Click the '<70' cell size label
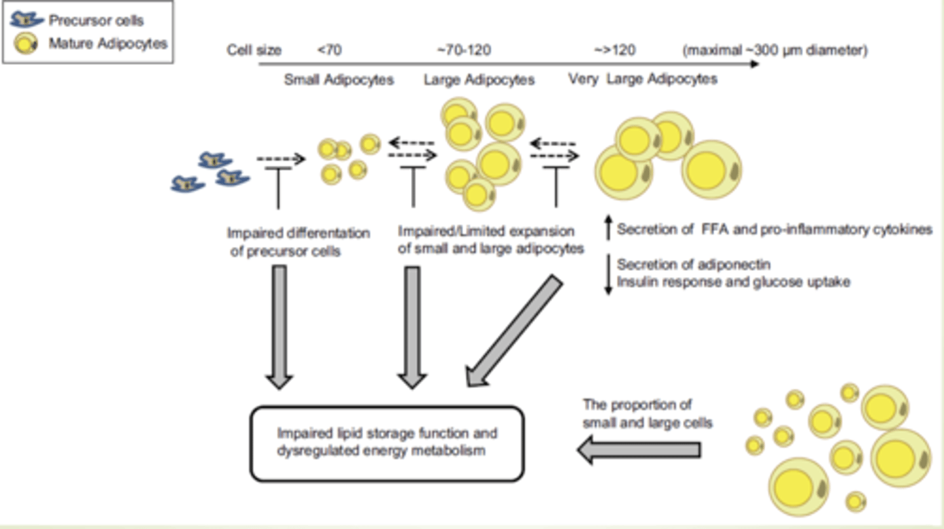click(x=329, y=51)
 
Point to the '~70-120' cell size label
click(x=463, y=51)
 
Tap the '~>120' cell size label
click(x=614, y=51)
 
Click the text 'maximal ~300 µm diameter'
click(x=774, y=51)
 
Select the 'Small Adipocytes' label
click(x=338, y=80)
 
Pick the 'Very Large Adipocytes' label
click(x=642, y=79)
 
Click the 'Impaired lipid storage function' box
click(x=387, y=444)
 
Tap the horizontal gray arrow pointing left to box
click(x=639, y=450)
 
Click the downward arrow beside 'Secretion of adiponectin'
click(x=607, y=275)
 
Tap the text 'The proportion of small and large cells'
click(x=647, y=413)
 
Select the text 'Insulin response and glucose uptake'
click(x=734, y=282)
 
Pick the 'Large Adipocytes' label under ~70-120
click(x=479, y=80)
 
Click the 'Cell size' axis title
click(x=254, y=51)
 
